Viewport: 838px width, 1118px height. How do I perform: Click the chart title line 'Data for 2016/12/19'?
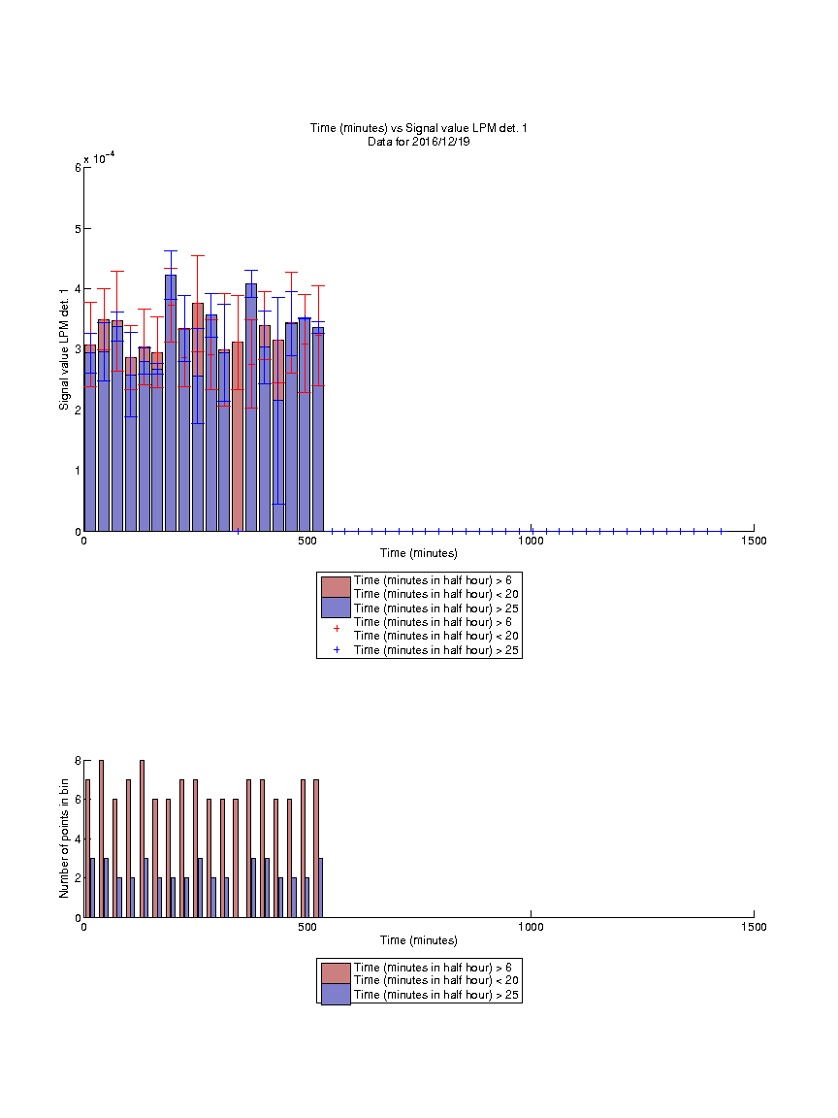coord(418,141)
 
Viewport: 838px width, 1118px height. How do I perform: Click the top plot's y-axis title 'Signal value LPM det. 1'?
coord(64,349)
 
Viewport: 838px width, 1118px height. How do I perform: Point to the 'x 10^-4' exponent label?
coord(99,158)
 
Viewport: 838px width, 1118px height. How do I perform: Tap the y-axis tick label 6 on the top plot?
coord(78,168)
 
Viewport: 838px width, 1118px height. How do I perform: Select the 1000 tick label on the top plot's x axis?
coord(531,541)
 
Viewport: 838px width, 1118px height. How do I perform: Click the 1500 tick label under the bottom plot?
coord(754,927)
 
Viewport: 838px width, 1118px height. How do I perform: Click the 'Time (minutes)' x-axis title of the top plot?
coord(418,553)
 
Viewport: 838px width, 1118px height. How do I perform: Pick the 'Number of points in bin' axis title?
coord(64,838)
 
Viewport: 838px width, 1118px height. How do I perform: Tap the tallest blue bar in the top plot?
coord(171,403)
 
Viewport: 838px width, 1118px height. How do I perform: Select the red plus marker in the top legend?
coord(337,628)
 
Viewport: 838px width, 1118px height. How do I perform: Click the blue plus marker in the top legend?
coord(337,649)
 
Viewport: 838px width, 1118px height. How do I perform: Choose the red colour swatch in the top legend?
coord(336,587)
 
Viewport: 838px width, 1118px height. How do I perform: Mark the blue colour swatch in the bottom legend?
coord(336,995)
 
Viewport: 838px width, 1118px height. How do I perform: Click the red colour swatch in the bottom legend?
coord(336,974)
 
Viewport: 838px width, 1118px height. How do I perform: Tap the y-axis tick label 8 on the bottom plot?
coord(78,761)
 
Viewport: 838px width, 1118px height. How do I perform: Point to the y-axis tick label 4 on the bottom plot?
coord(78,839)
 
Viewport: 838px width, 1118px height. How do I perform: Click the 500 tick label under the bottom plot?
coord(307,927)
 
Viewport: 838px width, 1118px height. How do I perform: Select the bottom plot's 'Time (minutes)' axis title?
coord(418,940)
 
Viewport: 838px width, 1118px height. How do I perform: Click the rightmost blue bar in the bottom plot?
coord(321,888)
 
